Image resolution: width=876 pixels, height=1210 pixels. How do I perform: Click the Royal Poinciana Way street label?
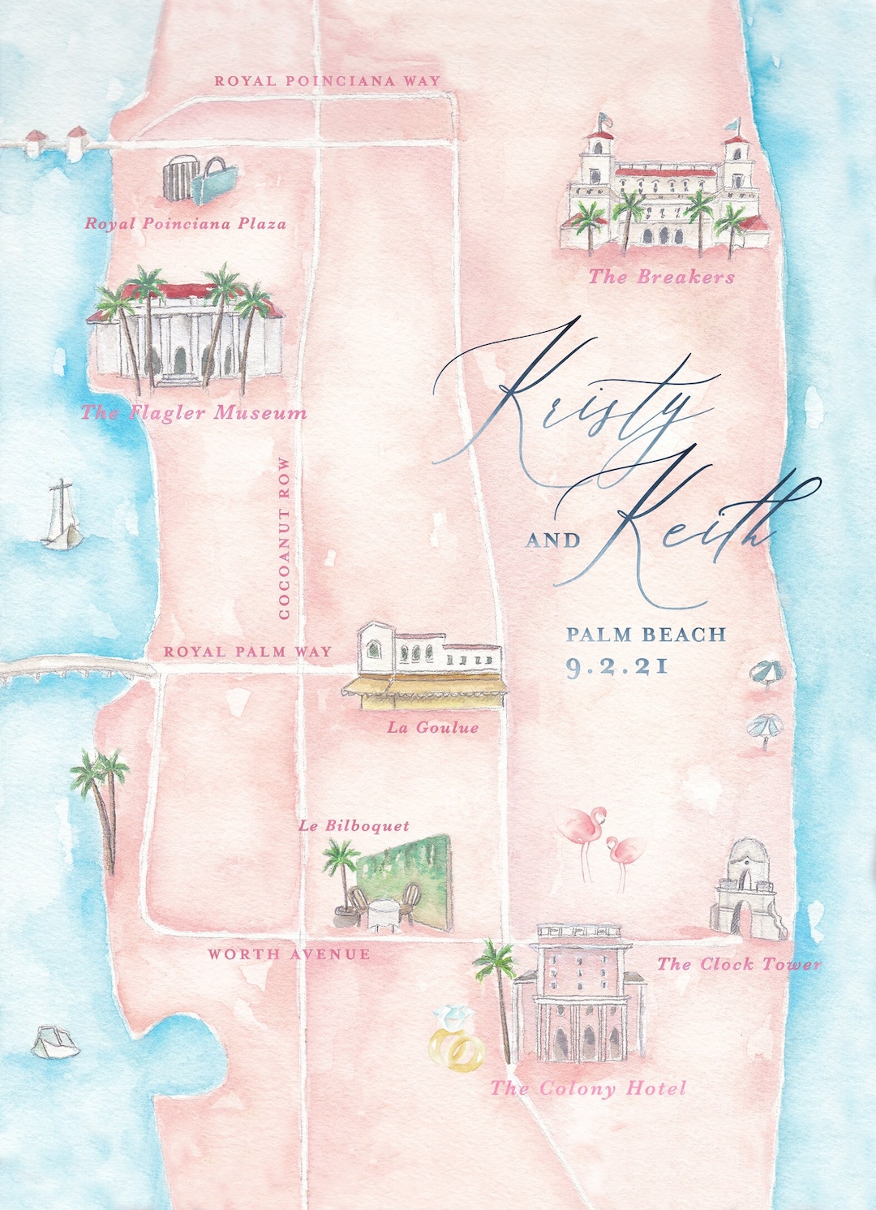(x=327, y=81)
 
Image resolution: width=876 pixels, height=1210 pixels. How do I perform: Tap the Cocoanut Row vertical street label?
(x=284, y=539)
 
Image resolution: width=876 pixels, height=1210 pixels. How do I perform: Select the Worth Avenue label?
(x=289, y=954)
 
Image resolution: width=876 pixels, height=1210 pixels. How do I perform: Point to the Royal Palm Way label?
(x=247, y=652)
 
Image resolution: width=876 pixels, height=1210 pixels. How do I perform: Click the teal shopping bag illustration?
(x=215, y=181)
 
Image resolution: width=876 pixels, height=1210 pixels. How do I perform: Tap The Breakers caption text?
(x=661, y=278)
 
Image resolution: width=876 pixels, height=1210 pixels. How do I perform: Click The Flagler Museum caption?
(x=194, y=413)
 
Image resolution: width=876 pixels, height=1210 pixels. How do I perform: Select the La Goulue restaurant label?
(x=432, y=728)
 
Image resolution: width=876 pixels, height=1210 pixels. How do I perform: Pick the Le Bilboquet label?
(x=354, y=826)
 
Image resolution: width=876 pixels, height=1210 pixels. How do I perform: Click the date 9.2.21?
(x=616, y=667)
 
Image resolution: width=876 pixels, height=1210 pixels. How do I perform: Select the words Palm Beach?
(x=646, y=635)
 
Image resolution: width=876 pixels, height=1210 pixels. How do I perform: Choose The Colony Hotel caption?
(x=588, y=1088)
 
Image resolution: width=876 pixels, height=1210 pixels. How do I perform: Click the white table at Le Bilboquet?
(x=379, y=914)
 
